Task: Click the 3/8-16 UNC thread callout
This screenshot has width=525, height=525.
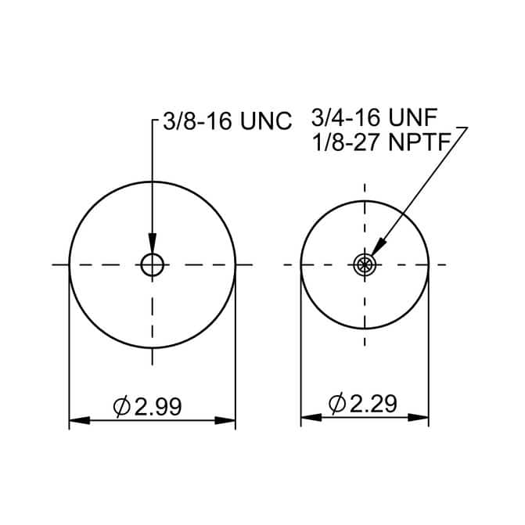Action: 228,120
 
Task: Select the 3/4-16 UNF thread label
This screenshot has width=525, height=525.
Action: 374,117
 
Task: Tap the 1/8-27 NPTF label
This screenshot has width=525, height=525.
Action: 382,142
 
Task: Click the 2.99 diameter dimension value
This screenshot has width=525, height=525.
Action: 158,407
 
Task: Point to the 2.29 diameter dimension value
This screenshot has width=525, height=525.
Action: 373,403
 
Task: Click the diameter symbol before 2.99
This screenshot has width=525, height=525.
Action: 121,407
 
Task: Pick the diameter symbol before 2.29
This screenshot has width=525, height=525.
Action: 337,403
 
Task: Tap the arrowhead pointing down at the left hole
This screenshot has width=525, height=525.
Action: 153,243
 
